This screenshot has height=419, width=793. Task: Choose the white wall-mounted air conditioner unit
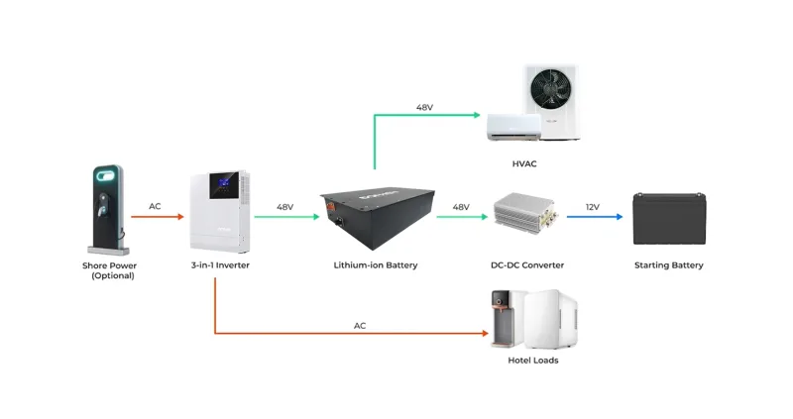[513, 126]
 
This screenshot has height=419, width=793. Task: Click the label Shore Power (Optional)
[108, 270]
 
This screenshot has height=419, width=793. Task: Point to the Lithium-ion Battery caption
[376, 265]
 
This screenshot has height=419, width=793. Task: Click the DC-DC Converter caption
[528, 265]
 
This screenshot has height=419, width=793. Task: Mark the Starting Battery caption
[669, 265]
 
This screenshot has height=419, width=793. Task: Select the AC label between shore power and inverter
[155, 207]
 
